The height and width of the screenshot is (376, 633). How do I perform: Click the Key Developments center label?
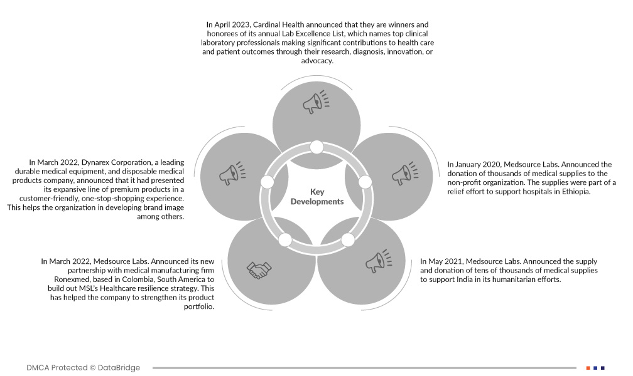coord(316,197)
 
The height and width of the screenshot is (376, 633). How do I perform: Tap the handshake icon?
coord(258,271)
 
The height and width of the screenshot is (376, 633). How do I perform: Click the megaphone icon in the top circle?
coord(315,102)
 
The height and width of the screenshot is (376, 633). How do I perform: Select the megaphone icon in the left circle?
coord(232,174)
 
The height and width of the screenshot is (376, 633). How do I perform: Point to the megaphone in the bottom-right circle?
coord(378,261)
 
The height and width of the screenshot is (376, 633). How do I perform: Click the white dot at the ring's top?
coord(316,147)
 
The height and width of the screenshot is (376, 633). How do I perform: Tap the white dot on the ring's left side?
coord(267,182)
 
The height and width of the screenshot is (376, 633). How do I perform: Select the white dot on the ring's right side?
coord(365,182)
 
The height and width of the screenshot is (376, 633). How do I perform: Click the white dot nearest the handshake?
coord(285,239)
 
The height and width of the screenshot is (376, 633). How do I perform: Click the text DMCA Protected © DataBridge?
coord(83,368)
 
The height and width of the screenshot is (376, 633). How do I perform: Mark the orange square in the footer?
coord(588,368)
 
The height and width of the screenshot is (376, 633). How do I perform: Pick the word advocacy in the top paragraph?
coord(316,61)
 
